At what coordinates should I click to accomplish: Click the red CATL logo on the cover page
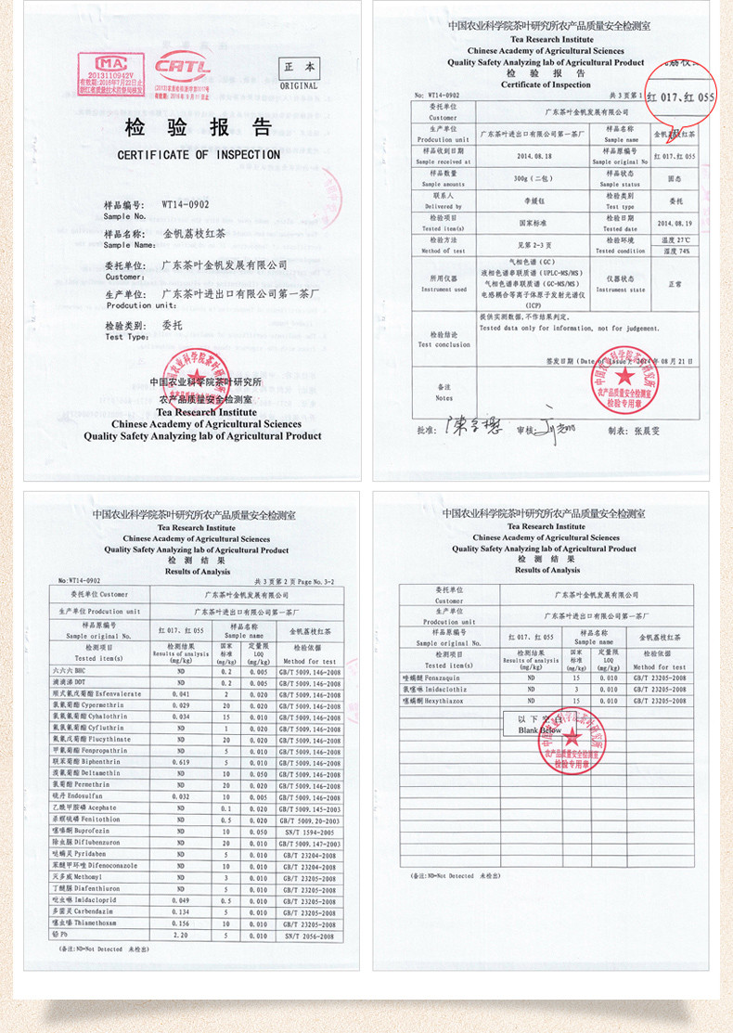click(183, 67)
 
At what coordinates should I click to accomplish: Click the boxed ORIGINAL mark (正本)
click(299, 73)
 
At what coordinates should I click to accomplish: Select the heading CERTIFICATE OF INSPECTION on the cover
click(199, 155)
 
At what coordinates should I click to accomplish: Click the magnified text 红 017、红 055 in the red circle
click(681, 97)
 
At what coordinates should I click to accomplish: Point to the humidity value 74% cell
click(676, 251)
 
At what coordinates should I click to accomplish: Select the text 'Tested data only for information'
click(538, 328)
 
